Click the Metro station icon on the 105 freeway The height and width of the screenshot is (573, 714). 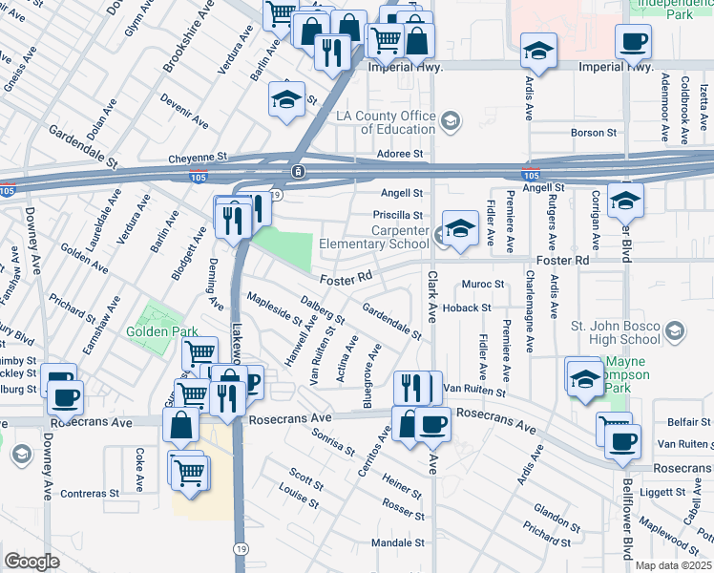(x=299, y=171)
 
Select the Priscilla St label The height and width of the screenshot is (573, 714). (x=397, y=215)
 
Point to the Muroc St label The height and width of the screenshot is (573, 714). (x=482, y=284)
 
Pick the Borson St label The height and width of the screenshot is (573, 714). (x=596, y=133)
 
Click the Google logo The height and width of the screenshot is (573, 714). (x=31, y=562)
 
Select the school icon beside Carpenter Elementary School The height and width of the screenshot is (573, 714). (x=460, y=229)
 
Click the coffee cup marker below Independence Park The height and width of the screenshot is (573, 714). (x=633, y=42)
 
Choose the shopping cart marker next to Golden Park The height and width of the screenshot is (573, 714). (x=199, y=355)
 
